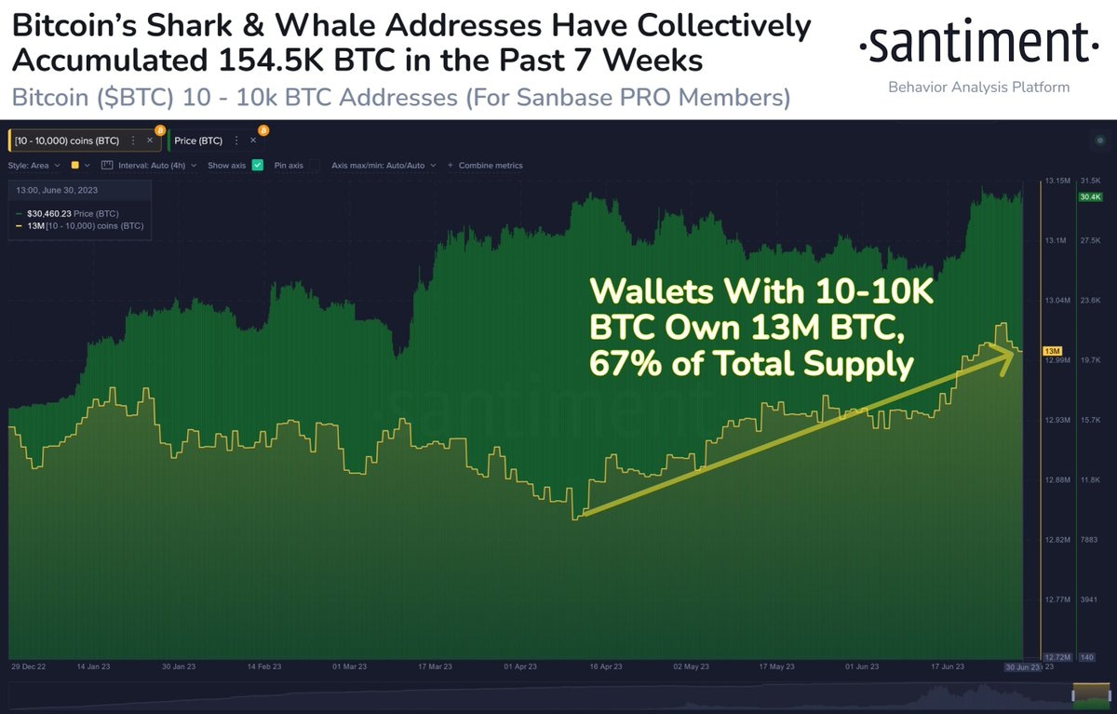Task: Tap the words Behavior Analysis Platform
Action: [978, 88]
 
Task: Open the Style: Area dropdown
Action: [34, 166]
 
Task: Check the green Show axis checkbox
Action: [257, 166]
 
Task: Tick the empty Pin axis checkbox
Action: [313, 166]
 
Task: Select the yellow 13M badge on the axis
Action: [1053, 350]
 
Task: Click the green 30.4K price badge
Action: [1089, 197]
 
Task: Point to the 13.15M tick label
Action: [1057, 181]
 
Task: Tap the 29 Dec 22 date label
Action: [29, 667]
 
